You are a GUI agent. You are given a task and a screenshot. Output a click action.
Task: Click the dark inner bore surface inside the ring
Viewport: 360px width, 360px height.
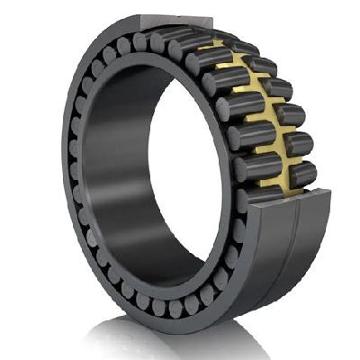click(117, 180)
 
